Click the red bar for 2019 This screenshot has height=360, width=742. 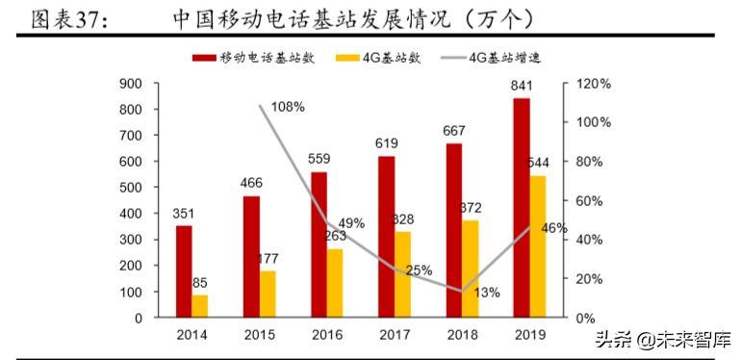(x=521, y=207)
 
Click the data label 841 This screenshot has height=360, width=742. (x=522, y=87)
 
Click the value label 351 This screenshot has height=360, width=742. (x=184, y=214)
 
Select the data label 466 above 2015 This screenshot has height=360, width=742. (x=251, y=184)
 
